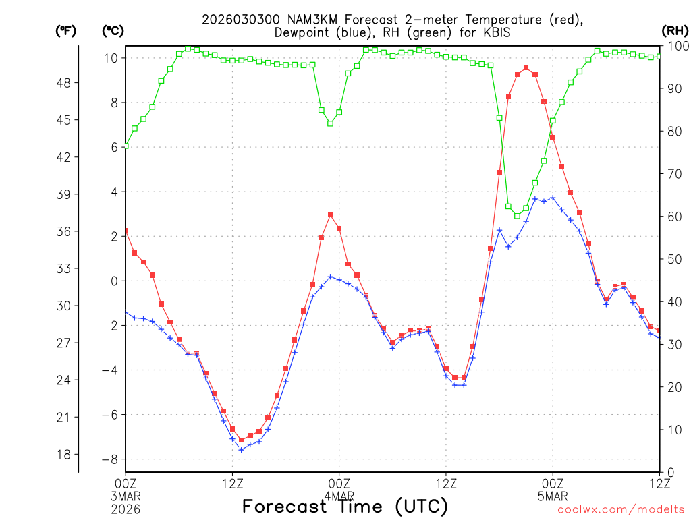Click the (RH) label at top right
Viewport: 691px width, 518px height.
(675, 30)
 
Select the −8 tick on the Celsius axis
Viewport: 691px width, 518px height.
(110, 459)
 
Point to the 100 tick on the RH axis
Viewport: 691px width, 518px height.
(677, 46)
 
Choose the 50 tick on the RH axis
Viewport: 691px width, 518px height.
(674, 259)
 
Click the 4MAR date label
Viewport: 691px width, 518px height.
(339, 496)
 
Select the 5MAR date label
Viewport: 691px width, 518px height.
(553, 496)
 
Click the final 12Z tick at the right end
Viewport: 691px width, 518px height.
(659, 482)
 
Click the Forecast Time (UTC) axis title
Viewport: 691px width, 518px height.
(345, 506)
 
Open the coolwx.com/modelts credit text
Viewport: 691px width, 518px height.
(620, 509)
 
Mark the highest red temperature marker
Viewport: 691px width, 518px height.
(526, 68)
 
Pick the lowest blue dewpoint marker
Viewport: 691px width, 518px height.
(241, 450)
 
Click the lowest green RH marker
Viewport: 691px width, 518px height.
(517, 216)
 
